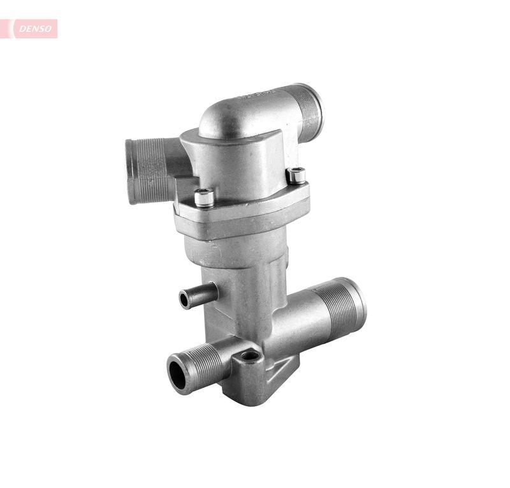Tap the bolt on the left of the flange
[204, 197]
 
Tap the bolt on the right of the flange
[296, 175]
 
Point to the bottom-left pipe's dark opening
[177, 373]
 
